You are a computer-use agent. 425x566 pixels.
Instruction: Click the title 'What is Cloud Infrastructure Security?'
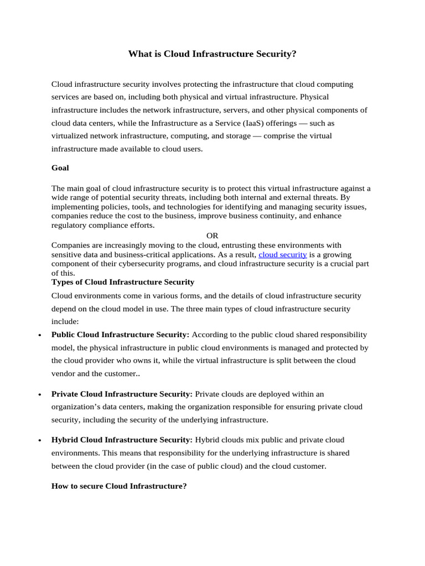click(212, 54)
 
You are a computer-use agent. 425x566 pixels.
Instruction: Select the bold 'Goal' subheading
click(60, 167)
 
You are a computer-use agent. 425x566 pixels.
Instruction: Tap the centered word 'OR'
click(212, 235)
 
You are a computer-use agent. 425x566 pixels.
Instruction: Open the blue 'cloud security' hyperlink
click(282, 254)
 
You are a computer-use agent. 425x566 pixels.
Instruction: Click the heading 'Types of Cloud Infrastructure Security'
click(123, 282)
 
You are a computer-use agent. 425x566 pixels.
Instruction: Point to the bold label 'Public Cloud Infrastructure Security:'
click(120, 334)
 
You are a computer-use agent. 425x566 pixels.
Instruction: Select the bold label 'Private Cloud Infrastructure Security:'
click(122, 394)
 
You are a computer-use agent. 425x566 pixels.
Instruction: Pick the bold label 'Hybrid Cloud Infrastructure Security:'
click(122, 439)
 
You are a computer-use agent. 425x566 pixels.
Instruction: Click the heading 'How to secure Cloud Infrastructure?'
click(119, 486)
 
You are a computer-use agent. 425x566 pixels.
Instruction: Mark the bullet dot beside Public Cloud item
click(39, 336)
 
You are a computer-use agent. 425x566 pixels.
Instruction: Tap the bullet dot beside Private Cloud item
click(39, 395)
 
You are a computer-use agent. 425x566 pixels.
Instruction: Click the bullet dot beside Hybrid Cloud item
click(39, 441)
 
